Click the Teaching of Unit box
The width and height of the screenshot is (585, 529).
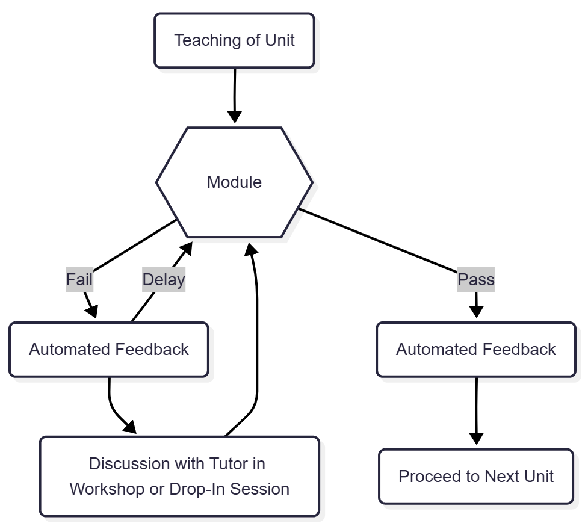(x=234, y=40)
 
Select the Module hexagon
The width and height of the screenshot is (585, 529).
(x=234, y=182)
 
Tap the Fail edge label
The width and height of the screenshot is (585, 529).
(x=79, y=280)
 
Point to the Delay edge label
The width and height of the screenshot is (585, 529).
(x=163, y=280)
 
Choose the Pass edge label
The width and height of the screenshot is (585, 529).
(x=475, y=280)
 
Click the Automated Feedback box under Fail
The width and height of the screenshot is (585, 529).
(x=108, y=350)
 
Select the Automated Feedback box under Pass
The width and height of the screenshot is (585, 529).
(x=475, y=350)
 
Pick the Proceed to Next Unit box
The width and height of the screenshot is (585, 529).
(x=475, y=477)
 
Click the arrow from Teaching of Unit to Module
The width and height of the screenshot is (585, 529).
(x=234, y=90)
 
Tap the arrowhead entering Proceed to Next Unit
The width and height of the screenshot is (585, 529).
(x=476, y=438)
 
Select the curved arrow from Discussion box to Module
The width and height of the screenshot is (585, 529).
(x=257, y=337)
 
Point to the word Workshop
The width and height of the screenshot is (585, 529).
(x=108, y=489)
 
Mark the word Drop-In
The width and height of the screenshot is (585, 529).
(x=192, y=489)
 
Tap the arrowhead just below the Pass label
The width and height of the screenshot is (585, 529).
(x=476, y=311)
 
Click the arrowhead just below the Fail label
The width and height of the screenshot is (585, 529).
(x=91, y=311)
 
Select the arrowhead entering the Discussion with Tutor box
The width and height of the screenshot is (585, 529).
(x=131, y=427)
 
